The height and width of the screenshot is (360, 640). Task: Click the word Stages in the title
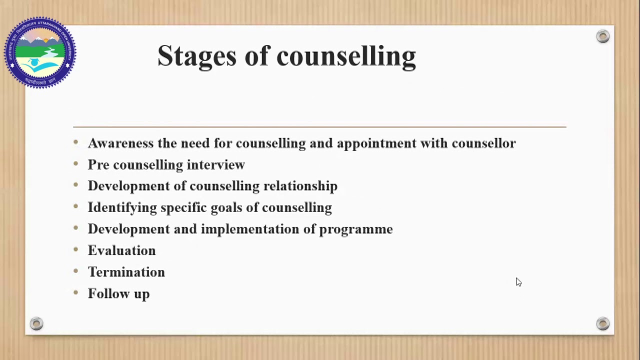(x=196, y=56)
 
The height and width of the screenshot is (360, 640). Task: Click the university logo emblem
(x=40, y=52)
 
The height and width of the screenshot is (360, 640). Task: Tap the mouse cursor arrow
(x=518, y=282)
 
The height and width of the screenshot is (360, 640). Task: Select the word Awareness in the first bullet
(x=120, y=143)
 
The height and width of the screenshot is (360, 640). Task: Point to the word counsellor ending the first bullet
(x=483, y=143)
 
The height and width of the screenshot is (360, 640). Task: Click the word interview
(x=215, y=165)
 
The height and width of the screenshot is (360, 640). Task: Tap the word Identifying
(x=122, y=208)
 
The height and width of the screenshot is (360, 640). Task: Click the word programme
(x=355, y=229)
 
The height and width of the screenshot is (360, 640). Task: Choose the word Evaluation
(x=121, y=250)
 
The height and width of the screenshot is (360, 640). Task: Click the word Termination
(x=126, y=272)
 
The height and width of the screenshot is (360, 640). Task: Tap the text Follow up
(x=118, y=294)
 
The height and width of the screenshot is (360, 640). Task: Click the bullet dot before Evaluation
(x=76, y=249)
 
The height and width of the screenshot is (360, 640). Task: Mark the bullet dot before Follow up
(x=76, y=292)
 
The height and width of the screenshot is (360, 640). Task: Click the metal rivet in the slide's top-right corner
(x=603, y=36)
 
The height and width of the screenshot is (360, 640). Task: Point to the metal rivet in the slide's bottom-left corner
(x=36, y=323)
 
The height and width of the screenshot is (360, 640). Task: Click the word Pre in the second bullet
(x=98, y=165)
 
